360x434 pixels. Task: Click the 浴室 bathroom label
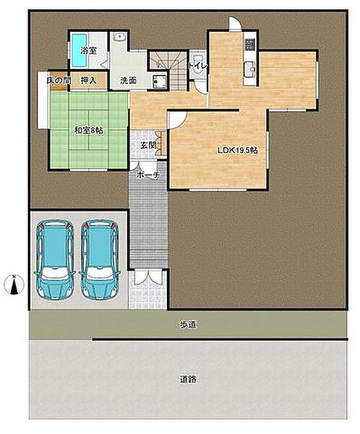(x=88, y=51)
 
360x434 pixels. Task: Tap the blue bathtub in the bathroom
(x=80, y=50)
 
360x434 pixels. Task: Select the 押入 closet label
(x=88, y=80)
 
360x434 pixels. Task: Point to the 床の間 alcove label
(x=59, y=80)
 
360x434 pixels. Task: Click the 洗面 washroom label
(x=128, y=80)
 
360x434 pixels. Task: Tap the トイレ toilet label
(x=198, y=67)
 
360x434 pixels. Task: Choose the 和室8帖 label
(x=88, y=130)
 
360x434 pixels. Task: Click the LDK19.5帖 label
(x=238, y=150)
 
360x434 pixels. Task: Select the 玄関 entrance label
(x=148, y=145)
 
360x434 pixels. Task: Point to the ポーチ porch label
(x=148, y=175)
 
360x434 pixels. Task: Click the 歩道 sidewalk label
(x=188, y=325)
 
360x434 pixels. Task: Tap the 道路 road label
(x=188, y=379)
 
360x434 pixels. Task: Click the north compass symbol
(x=14, y=284)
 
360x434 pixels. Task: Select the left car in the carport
(x=55, y=260)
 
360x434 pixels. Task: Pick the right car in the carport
(x=100, y=260)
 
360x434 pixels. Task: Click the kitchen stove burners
(x=250, y=44)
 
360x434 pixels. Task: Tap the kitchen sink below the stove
(x=250, y=68)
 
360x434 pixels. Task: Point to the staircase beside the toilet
(x=168, y=70)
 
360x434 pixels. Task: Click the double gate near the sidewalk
(x=148, y=277)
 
